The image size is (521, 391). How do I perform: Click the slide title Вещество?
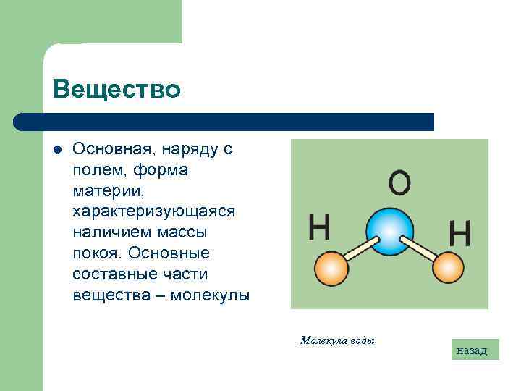[117, 90]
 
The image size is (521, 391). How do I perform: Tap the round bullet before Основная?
[58, 150]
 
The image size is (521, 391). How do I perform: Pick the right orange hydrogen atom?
[449, 268]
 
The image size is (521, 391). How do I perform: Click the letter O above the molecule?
[399, 184]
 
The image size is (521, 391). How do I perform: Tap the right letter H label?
[460, 233]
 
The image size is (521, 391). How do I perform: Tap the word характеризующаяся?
[154, 211]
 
